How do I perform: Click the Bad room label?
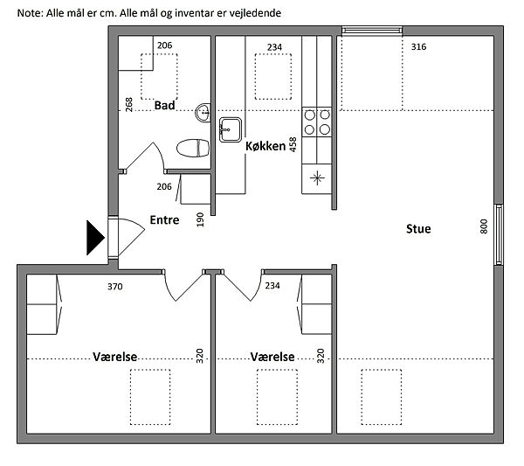pyautogui.click(x=164, y=106)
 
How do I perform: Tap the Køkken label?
pyautogui.click(x=265, y=146)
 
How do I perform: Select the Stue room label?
pyautogui.click(x=418, y=229)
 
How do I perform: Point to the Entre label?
pyautogui.click(x=164, y=219)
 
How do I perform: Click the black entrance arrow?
pyautogui.click(x=95, y=238)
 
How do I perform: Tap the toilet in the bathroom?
pyautogui.click(x=193, y=148)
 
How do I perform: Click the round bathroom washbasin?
pyautogui.click(x=203, y=113)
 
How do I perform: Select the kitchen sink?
pyautogui.click(x=231, y=129)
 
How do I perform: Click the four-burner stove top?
pyautogui.click(x=317, y=122)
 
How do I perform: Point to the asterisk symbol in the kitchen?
pyautogui.click(x=317, y=177)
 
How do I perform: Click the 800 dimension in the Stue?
pyautogui.click(x=484, y=226)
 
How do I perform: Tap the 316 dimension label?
pyautogui.click(x=418, y=46)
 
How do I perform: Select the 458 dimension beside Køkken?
pyautogui.click(x=293, y=144)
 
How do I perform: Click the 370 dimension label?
pyautogui.click(x=115, y=287)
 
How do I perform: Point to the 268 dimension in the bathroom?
pyautogui.click(x=128, y=104)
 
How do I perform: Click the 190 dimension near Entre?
pyautogui.click(x=200, y=219)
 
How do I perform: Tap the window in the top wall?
pyautogui.click(x=372, y=31)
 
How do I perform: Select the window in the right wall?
pyautogui.click(x=499, y=234)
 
